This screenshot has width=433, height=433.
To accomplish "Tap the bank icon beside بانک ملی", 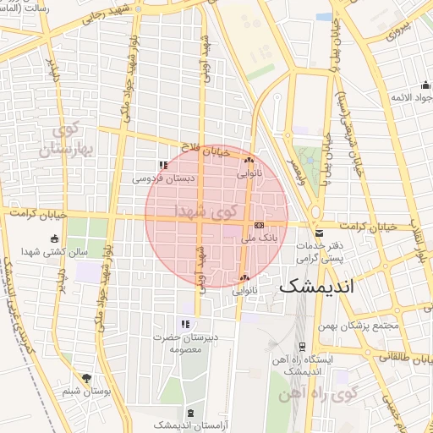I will point(259,226).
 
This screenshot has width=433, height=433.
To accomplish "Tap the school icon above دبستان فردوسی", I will point(163,165).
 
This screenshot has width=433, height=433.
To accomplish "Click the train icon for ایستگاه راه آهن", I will point(302,346).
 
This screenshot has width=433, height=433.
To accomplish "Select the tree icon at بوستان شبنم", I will point(85,378).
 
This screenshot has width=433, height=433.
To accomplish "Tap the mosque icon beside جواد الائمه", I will point(425,85).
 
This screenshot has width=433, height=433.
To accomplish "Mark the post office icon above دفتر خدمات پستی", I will point(318,233).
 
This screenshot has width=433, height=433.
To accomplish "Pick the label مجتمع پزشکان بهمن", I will point(359,326).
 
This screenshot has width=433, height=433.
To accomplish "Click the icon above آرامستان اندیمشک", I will point(189,413).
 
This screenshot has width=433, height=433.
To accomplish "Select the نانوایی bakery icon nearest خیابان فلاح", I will point(249,160).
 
